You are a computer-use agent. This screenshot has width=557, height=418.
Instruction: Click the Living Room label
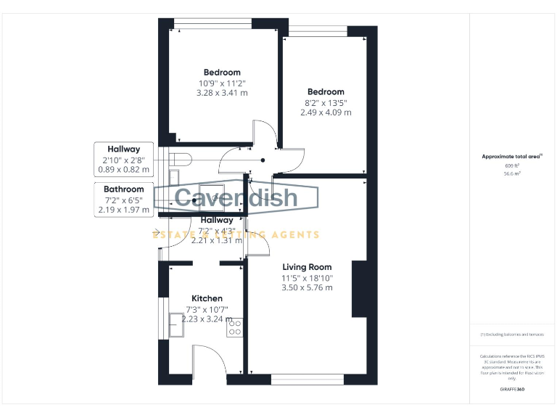[307, 267]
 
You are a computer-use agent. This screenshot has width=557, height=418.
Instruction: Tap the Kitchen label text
[207, 298]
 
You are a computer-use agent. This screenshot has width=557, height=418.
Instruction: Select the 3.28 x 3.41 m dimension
[222, 93]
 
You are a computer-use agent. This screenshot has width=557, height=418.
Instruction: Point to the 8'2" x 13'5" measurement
[326, 102]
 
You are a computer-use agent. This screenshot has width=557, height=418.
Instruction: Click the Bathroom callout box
[123, 200]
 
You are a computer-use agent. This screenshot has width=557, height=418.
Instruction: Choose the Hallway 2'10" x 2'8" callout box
[123, 160]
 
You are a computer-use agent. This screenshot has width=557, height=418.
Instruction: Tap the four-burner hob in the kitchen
[235, 328]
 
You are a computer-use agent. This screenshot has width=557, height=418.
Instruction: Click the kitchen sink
[176, 325]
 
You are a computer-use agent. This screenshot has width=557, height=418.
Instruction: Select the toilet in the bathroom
[179, 158]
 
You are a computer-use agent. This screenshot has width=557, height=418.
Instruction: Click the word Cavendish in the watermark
[236, 197]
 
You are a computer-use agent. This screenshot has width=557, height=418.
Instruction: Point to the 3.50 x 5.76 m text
[308, 287]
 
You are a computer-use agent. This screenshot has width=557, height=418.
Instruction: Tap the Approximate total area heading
[512, 156]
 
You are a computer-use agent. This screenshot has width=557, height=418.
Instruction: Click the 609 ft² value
[512, 165]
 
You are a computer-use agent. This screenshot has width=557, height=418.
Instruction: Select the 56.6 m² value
[512, 174]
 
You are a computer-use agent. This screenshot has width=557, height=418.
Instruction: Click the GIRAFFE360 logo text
[512, 390]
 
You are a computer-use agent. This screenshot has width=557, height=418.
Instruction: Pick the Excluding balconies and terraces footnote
[512, 334]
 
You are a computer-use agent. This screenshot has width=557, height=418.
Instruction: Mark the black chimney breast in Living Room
[359, 289]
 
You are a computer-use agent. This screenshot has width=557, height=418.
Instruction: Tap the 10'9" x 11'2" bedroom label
[222, 83]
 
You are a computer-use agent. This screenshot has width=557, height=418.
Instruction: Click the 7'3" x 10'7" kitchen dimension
[207, 309]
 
